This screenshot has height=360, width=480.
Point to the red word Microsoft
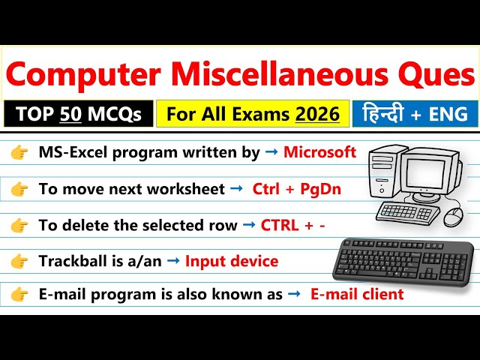click(319, 153)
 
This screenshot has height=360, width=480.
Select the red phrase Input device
click(232, 261)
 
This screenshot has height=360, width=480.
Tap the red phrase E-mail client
click(357, 294)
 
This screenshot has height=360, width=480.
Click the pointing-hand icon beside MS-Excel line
click(19, 153)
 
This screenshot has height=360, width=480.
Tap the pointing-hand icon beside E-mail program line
click(19, 294)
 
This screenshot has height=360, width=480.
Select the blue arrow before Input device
click(172, 261)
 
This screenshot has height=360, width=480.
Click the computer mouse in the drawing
click(453, 217)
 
